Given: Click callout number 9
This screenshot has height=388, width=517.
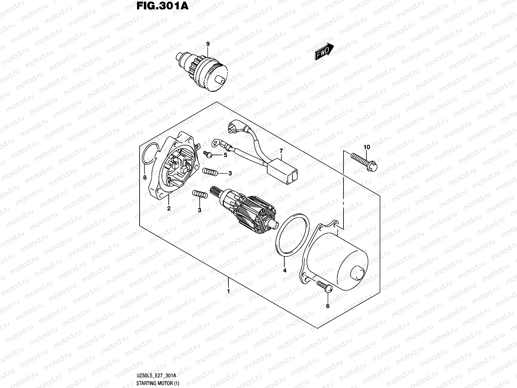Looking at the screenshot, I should (x=208, y=44).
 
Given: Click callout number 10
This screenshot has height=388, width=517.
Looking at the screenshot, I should (x=366, y=147).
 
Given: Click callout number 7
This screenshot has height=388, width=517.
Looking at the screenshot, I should (x=281, y=151).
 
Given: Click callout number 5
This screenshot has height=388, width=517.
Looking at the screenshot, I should (x=226, y=155).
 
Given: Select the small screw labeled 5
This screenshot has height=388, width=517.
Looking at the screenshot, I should (x=207, y=154).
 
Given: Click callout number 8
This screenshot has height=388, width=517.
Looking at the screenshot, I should (x=145, y=177).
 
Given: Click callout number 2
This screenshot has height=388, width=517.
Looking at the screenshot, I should (x=169, y=209).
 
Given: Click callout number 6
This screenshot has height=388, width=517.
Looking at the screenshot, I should (x=328, y=306).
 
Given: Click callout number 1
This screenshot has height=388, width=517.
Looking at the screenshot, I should (x=228, y=291).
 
